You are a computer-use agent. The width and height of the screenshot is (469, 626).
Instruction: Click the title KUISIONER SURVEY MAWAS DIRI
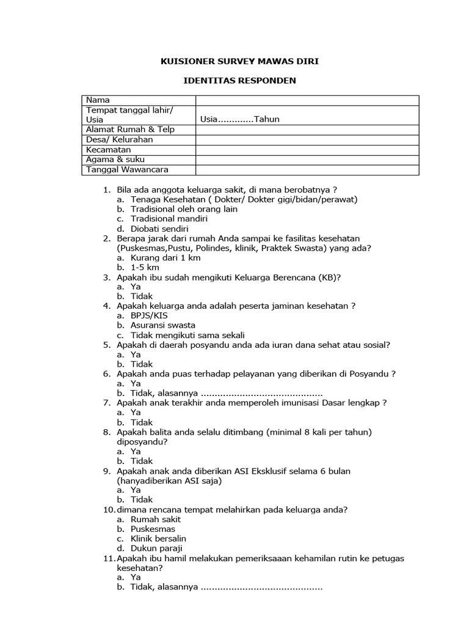pyautogui.click(x=239, y=61)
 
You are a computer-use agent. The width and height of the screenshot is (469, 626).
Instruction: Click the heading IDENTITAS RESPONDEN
pyautogui.click(x=239, y=80)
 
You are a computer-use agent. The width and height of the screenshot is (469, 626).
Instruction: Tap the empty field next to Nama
pyautogui.click(x=307, y=100)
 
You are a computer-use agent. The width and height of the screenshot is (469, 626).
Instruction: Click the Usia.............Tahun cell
pyautogui.click(x=240, y=119)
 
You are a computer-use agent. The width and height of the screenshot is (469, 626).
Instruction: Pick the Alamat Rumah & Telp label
pyautogui.click(x=130, y=129)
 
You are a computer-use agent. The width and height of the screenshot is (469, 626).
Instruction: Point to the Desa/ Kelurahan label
pyautogui.click(x=119, y=139)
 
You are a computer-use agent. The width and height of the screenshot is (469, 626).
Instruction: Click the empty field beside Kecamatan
pyautogui.click(x=307, y=149)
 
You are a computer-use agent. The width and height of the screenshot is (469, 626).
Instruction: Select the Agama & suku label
pyautogui.click(x=115, y=159)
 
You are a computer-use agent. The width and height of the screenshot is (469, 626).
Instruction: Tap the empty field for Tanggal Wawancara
pyautogui.click(x=307, y=169)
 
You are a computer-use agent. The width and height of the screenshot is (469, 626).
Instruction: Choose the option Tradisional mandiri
pyautogui.click(x=169, y=218)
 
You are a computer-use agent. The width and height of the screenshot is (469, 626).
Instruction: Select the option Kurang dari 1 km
pyautogui.click(x=165, y=257)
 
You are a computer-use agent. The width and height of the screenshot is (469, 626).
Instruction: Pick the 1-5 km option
pyautogui.click(x=144, y=267)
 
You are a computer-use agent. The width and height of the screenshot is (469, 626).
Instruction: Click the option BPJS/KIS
pyautogui.click(x=148, y=315)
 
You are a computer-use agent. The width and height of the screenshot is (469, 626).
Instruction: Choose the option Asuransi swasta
pyautogui.click(x=163, y=325)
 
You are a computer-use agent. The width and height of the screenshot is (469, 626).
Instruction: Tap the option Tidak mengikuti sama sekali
pyautogui.click(x=187, y=335)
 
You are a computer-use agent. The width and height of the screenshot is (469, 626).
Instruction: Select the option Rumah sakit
pyautogui.click(x=156, y=519)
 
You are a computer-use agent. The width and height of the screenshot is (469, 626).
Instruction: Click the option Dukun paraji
pyautogui.click(x=156, y=548)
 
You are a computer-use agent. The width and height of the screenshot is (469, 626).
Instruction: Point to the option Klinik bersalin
pyautogui.click(x=158, y=539)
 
